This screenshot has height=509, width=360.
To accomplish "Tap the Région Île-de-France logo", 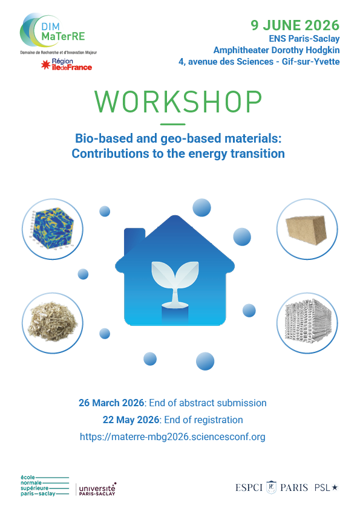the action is click(x=67, y=65).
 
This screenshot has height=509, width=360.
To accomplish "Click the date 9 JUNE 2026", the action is click(x=295, y=25).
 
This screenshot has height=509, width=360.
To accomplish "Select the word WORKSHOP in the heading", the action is click(x=178, y=102).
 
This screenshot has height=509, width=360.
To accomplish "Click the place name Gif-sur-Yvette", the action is click(x=310, y=61).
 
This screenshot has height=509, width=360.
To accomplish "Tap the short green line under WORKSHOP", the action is click(x=173, y=124).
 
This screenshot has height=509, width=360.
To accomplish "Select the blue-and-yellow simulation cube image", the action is click(x=53, y=229).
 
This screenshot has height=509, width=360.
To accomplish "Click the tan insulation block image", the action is click(x=306, y=230).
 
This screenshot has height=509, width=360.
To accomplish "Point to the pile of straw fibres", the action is click(x=53, y=321).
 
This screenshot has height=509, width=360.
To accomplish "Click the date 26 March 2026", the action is click(x=111, y=403).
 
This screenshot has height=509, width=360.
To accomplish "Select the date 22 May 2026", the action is click(x=131, y=420).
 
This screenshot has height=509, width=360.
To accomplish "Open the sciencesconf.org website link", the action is click(x=172, y=436).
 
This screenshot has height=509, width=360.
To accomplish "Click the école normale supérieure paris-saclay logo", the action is click(x=45, y=485).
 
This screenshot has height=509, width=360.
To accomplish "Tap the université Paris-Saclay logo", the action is click(x=97, y=489).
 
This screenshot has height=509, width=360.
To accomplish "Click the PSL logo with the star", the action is click(x=326, y=487).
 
